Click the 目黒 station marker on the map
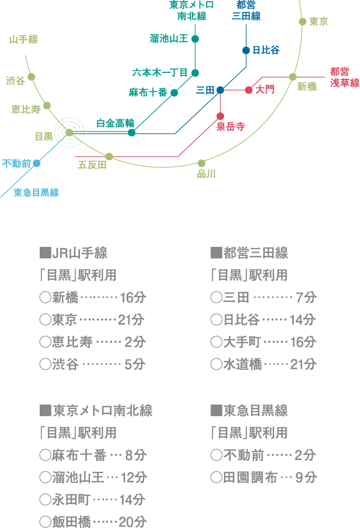[x=69, y=132]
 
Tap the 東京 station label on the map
[x=319, y=22]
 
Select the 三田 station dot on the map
[x=220, y=90]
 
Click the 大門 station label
[x=265, y=89]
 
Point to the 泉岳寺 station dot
[x=220, y=116]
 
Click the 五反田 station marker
[x=109, y=157]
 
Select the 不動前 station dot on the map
[x=37, y=163]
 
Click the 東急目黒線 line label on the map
[x=36, y=192]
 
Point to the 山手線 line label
[x=24, y=39]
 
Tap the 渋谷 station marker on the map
[x=32, y=77]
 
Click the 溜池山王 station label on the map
[x=169, y=39]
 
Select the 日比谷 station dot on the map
[x=246, y=51]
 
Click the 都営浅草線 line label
[x=344, y=77]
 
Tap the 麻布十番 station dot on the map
[x=175, y=92]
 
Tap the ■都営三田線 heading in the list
[x=249, y=253]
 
